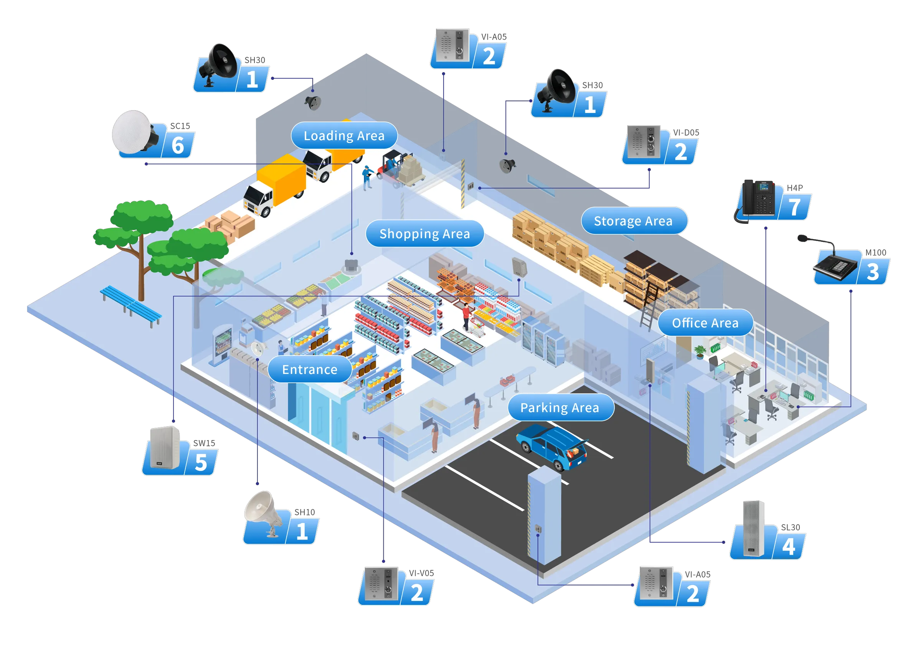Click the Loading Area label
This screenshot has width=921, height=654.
tap(344, 136)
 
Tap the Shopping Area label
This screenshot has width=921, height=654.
tap(424, 233)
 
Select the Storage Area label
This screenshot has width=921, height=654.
tap(633, 221)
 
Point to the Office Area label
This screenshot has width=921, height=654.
tap(705, 323)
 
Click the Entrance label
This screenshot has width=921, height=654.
tap(309, 369)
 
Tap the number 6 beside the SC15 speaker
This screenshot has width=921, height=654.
tap(177, 146)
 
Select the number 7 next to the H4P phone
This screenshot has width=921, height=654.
tap(795, 207)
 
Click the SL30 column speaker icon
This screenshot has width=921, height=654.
tap(753, 528)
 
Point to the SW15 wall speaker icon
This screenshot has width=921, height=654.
tap(165, 447)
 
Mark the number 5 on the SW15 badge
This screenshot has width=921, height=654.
tap(201, 462)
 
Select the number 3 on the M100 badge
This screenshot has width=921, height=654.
tap(872, 272)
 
